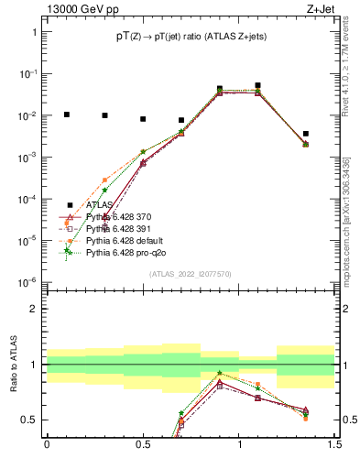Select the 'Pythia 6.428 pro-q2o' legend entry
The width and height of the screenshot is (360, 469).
[122, 254]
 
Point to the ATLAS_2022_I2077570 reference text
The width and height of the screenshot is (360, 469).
[190, 273]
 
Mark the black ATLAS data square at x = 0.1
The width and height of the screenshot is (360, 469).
[66, 115]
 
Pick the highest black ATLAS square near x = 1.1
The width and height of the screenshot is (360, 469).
[258, 85]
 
